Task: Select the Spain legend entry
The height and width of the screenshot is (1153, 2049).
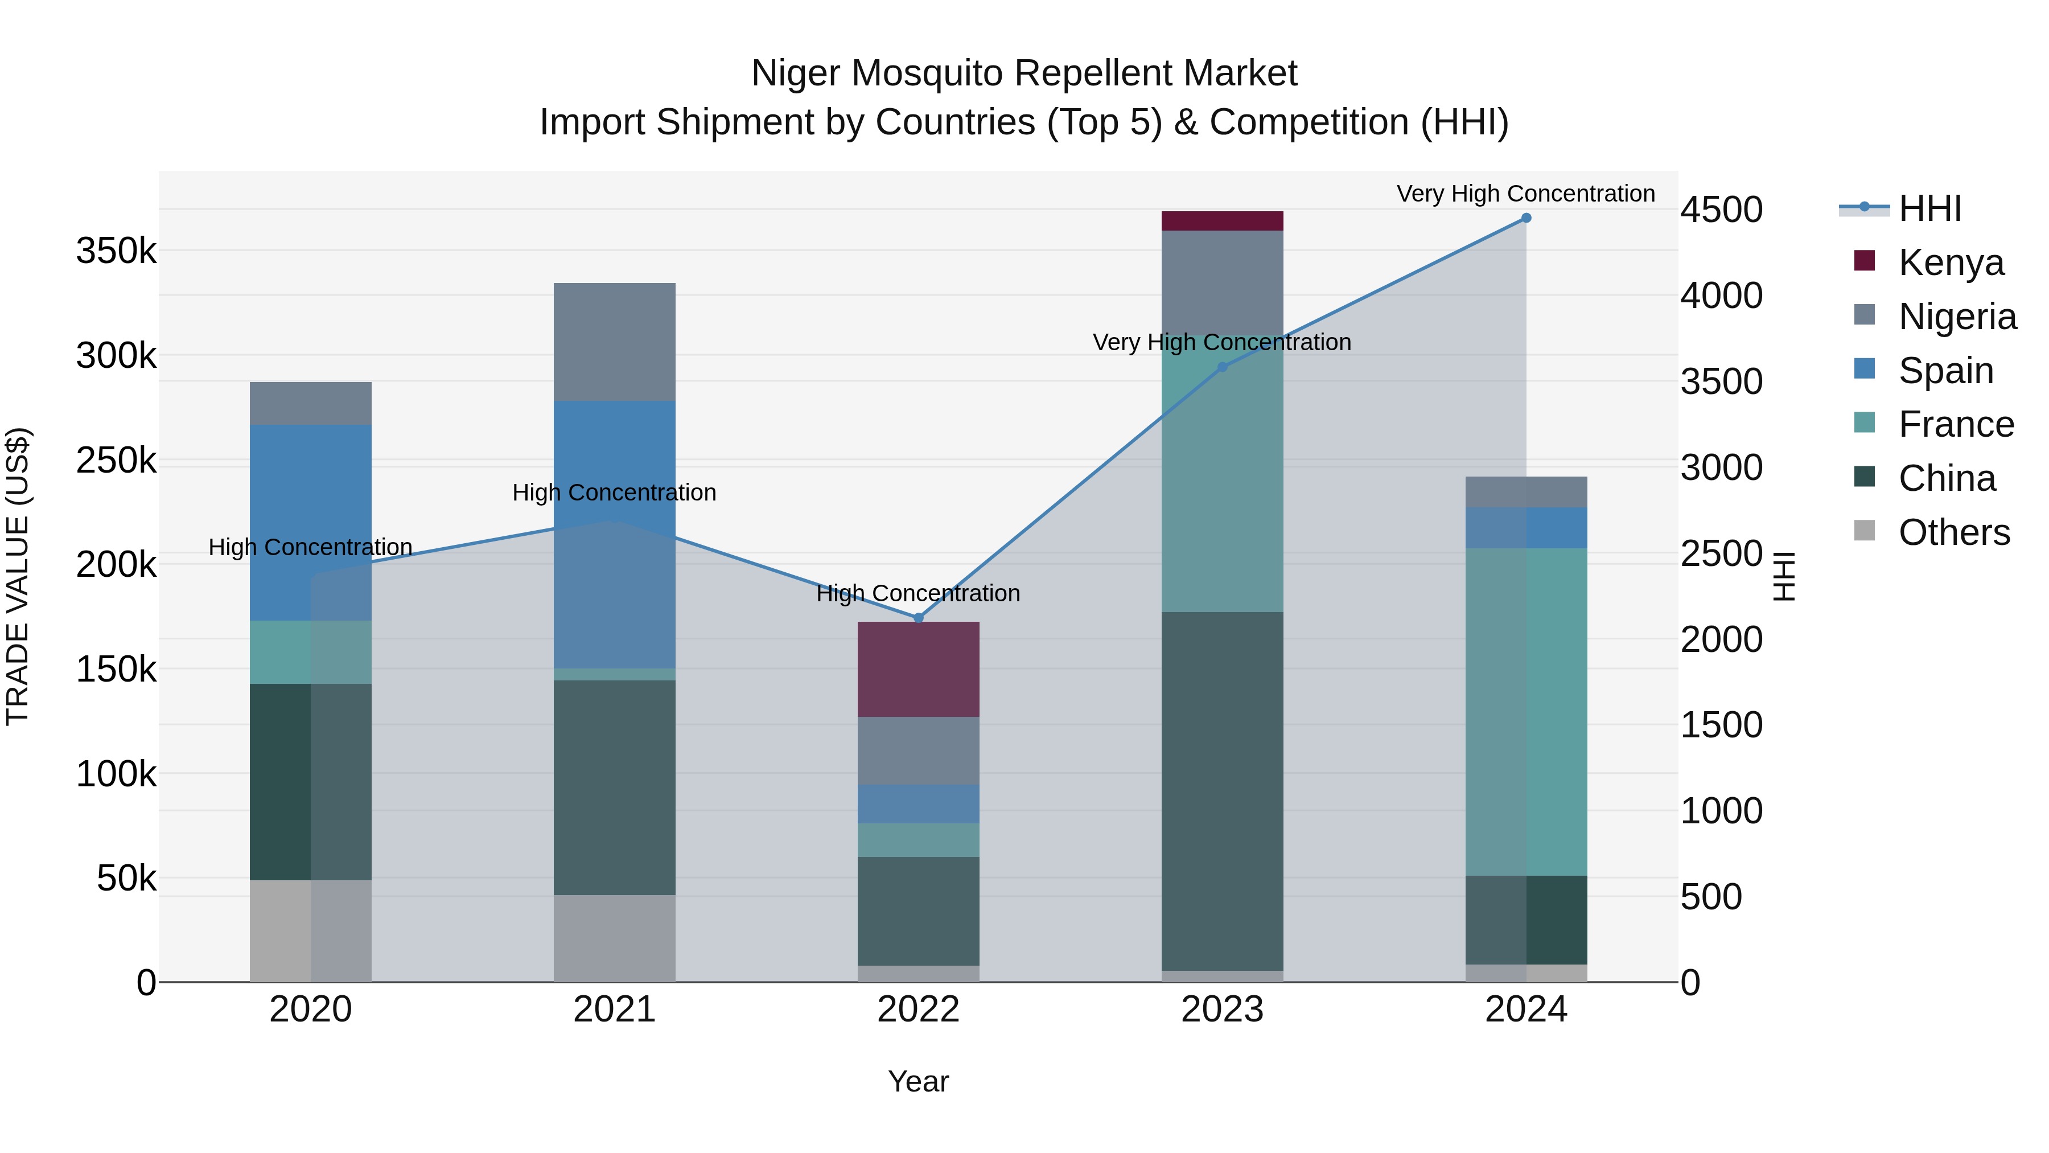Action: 1945,371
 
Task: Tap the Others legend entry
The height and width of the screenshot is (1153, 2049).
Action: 1953,532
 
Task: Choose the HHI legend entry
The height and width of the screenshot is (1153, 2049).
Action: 1929,208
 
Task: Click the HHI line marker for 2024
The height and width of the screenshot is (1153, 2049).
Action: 1525,218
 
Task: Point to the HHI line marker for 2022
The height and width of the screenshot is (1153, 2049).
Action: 918,618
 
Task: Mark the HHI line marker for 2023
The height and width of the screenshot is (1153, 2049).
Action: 1223,367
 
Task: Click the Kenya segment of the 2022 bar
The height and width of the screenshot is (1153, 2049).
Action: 918,669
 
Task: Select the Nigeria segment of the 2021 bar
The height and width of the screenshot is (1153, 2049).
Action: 614,342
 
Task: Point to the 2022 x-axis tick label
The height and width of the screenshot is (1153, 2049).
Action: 918,1010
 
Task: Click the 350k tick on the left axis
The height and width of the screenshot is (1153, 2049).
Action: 116,252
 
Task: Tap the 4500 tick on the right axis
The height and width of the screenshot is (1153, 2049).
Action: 1721,210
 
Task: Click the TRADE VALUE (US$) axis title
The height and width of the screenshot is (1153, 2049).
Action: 18,576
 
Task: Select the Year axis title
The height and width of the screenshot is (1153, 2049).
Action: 918,1081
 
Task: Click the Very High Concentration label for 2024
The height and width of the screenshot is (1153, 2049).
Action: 1525,194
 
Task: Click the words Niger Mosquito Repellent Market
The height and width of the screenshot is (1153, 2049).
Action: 1024,73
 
